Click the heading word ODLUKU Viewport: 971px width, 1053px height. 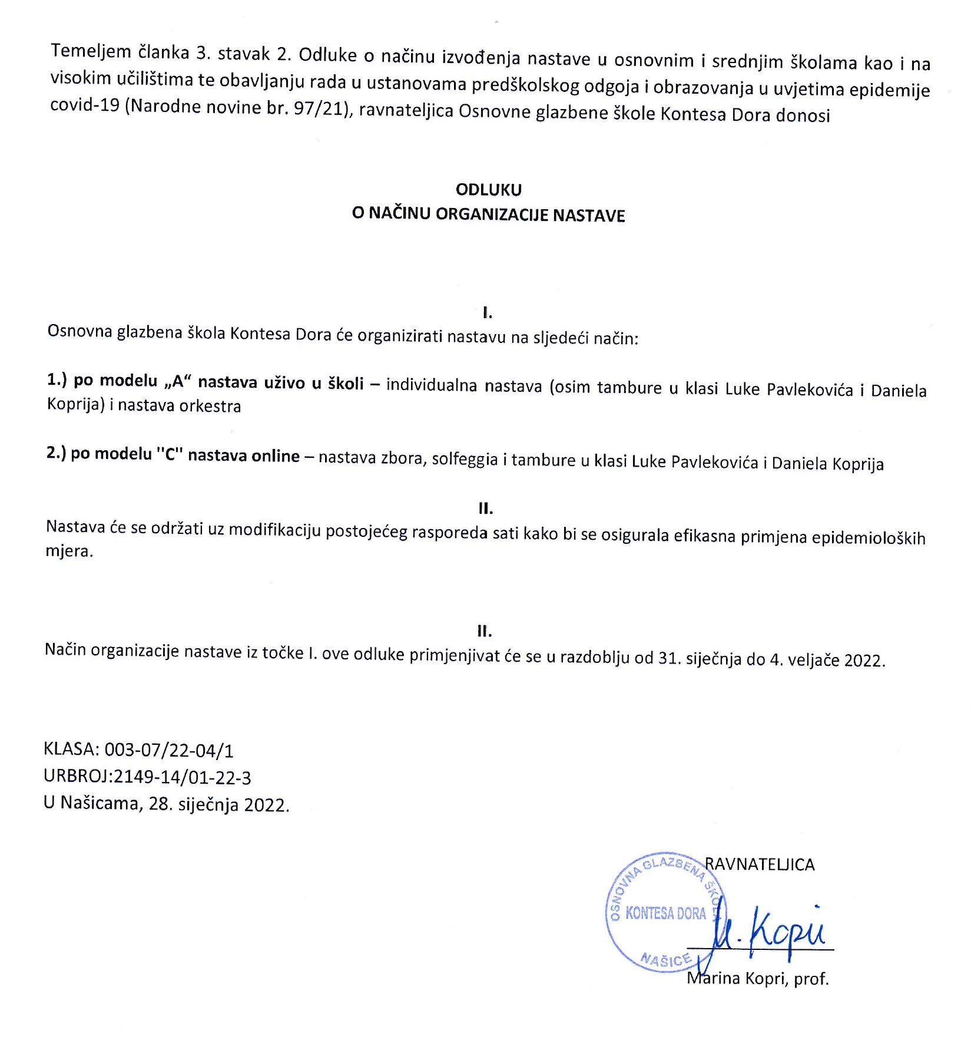tap(488, 190)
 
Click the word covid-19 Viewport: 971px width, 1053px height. tap(85, 107)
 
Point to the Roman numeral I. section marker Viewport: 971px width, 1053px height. tap(487, 313)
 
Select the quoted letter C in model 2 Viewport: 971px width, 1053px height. tap(171, 455)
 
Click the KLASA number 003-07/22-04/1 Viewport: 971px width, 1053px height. tap(168, 750)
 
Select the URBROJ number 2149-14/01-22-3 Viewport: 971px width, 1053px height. tap(183, 778)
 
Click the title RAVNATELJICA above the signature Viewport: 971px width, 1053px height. tap(760, 864)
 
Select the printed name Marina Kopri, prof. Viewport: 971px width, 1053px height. tap(758, 979)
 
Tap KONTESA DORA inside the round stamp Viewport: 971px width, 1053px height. tap(665, 914)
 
